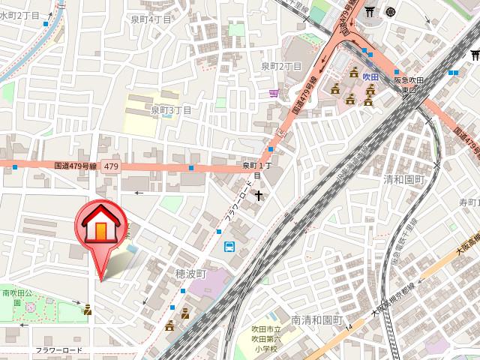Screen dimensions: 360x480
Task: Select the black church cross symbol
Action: pyautogui.click(x=259, y=196)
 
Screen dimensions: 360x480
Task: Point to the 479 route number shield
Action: pyautogui.click(x=110, y=167)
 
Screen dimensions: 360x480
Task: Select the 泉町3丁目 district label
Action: pyautogui.click(x=171, y=110)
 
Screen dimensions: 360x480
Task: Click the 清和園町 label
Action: pyautogui.click(x=403, y=180)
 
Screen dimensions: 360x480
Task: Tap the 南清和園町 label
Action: pyautogui.click(x=316, y=320)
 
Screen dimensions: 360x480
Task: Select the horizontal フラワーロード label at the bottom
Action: pyautogui.click(x=58, y=350)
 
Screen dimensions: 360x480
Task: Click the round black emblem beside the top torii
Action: pyautogui.click(x=391, y=11)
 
